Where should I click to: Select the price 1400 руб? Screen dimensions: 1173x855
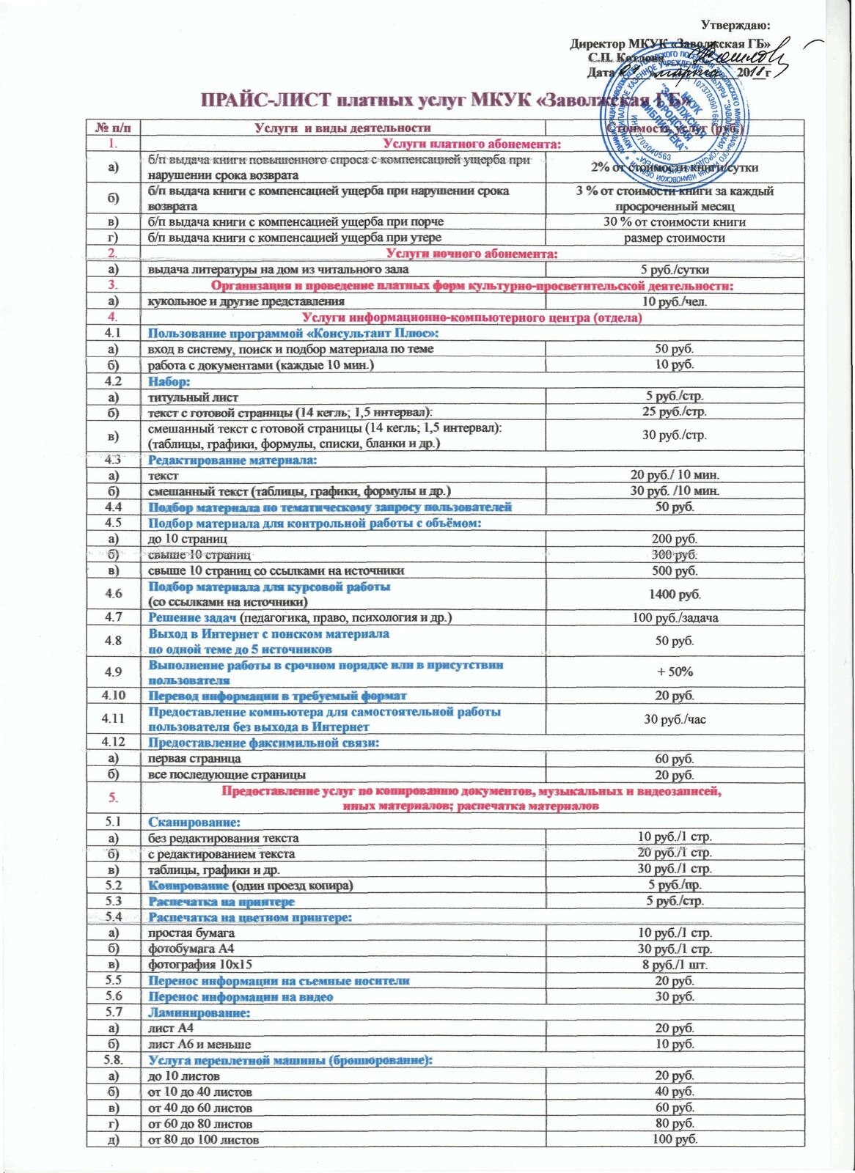pos(675,594)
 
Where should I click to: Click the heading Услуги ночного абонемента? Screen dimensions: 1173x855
pos(471,254)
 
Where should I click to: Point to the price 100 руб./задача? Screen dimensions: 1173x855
pos(675,617)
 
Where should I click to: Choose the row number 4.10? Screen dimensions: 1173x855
pos(113,695)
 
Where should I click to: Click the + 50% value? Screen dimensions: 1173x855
pos(675,672)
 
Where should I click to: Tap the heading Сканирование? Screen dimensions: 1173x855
pos(194,822)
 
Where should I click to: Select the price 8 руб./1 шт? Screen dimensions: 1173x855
pos(675,965)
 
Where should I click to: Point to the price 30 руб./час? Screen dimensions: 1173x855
pos(675,719)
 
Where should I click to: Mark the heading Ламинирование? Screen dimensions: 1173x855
pos(199,1012)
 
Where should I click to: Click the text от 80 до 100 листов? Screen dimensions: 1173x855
pos(203,1140)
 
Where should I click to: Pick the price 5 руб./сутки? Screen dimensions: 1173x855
pos(675,270)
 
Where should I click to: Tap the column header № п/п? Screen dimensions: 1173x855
pos(113,128)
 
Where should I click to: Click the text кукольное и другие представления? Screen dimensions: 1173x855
pos(246,301)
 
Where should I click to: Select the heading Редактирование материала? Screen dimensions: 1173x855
pos(233,460)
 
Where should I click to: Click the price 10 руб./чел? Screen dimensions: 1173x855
pos(675,301)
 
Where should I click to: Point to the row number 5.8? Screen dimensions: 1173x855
pos(113,1060)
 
